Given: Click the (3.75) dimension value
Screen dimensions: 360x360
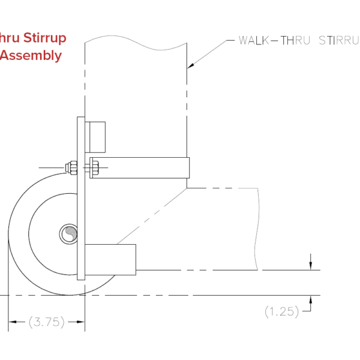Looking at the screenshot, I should coord(46,322).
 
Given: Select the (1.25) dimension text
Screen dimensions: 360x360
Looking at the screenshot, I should coord(281,311).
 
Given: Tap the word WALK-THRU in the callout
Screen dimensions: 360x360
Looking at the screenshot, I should coord(275,41).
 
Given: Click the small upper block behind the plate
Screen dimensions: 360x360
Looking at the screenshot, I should coord(97,137).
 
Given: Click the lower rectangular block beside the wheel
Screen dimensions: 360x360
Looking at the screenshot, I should coord(112,259).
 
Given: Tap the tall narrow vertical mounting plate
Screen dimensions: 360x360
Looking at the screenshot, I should coord(82,198).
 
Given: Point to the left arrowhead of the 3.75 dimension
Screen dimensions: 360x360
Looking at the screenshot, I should coord(11,322).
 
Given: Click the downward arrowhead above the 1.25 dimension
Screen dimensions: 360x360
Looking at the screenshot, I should coord(311,266).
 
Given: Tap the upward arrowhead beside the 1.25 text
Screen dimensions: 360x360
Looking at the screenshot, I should coord(311,300).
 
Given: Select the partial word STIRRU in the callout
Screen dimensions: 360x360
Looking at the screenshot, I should coord(336,41).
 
